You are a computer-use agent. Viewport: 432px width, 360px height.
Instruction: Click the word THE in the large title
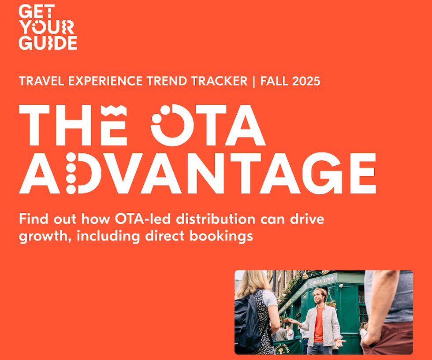point(73,126)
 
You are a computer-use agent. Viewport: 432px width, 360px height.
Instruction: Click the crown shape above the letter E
point(114,111)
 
